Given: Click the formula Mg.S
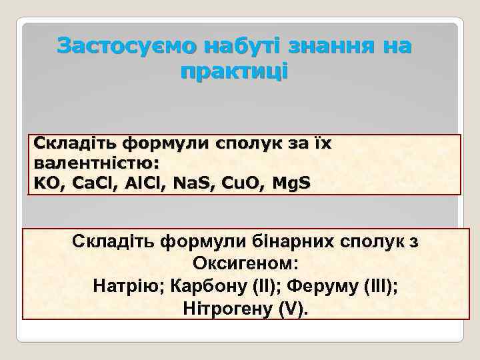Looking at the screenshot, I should (285, 182).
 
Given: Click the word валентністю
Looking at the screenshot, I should (96, 163).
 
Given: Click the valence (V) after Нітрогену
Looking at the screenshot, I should (293, 309).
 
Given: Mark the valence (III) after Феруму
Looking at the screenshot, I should (380, 287).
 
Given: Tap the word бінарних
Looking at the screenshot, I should (301, 241).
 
